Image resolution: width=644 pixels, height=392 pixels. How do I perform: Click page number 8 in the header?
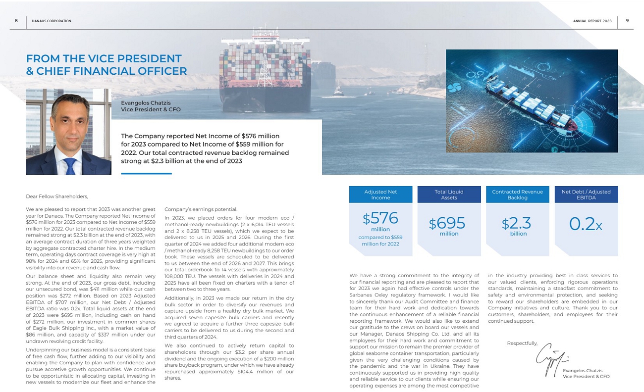(16, 21)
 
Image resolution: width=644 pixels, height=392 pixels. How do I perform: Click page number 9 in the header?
(627, 21)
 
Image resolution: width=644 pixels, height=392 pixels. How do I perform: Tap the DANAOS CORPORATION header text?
(52, 21)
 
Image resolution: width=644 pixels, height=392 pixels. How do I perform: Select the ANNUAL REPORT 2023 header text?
(592, 21)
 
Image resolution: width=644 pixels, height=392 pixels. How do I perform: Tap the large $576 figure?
(380, 219)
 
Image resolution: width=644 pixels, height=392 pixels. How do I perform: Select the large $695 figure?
(447, 224)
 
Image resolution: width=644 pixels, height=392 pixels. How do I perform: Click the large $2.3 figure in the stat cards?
(516, 224)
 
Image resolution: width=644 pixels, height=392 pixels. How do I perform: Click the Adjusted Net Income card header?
(380, 195)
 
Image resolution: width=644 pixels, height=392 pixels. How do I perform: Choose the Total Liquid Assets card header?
(449, 195)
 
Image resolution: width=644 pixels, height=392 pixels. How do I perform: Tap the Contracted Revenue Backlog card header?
(517, 195)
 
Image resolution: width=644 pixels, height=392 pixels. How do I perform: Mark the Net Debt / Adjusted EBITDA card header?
(586, 195)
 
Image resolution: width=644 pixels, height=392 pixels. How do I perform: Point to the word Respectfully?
(522, 343)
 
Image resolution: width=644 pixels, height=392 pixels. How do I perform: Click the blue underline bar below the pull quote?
(146, 173)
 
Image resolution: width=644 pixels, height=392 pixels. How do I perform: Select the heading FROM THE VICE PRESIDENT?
(104, 59)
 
